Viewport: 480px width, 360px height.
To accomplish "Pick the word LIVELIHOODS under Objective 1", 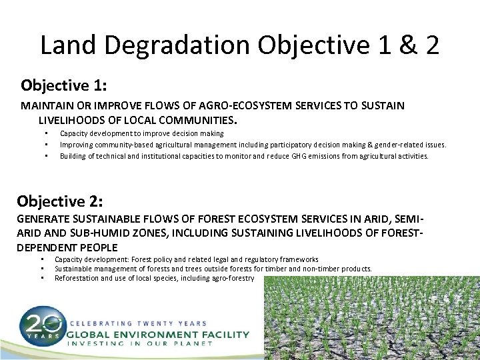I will pyautogui.click(x=69, y=121).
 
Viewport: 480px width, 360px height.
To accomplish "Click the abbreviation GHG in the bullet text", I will pyautogui.click(x=300, y=156).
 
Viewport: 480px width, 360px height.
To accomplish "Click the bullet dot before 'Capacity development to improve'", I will pyautogui.click(x=47, y=134).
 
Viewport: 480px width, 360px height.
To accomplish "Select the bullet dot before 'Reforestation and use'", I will pyautogui.click(x=41, y=277).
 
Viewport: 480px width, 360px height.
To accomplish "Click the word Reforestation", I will pyautogui.click(x=77, y=277).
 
